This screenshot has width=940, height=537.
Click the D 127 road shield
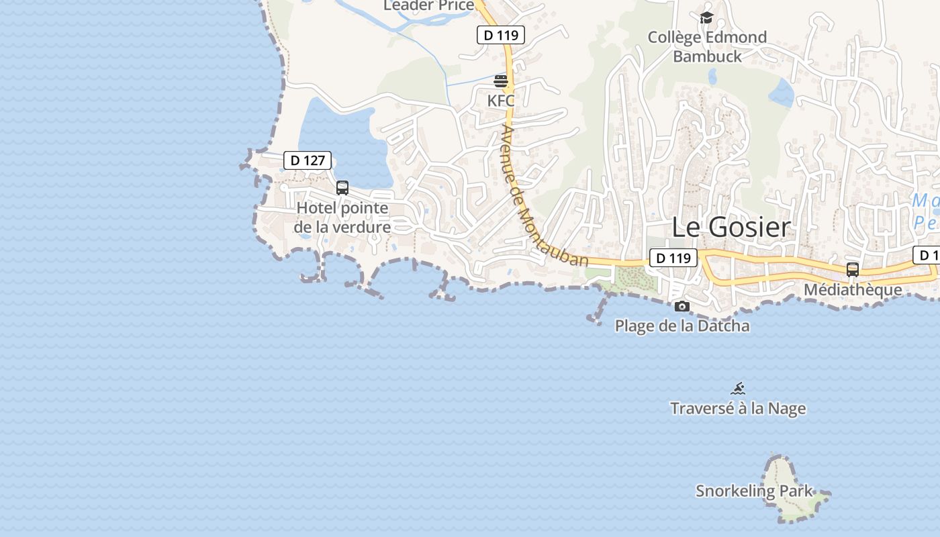pyautogui.click(x=308, y=160)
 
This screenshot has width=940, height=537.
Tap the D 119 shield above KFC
pyautogui.click(x=500, y=35)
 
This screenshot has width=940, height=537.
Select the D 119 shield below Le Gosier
pyautogui.click(x=673, y=258)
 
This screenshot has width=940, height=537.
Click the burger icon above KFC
pyautogui.click(x=501, y=82)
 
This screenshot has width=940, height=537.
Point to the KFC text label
pyautogui.click(x=501, y=101)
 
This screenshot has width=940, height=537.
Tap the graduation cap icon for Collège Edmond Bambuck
pyautogui.click(x=706, y=17)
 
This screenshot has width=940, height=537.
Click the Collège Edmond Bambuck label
pyautogui.click(x=707, y=46)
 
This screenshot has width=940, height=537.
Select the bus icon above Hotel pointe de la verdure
pyautogui.click(x=342, y=188)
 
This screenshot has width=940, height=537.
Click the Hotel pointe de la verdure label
pyautogui.click(x=342, y=217)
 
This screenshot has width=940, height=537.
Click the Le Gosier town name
pyautogui.click(x=731, y=227)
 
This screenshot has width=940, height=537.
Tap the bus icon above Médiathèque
pyautogui.click(x=853, y=270)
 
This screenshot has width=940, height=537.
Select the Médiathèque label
pyautogui.click(x=853, y=290)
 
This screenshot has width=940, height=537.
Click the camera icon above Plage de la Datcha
pyautogui.click(x=682, y=307)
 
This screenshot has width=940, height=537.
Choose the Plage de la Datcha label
pyautogui.click(x=682, y=326)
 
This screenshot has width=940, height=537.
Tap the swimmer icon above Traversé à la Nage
pyautogui.click(x=739, y=389)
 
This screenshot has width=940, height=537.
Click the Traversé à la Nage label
pyautogui.click(x=738, y=408)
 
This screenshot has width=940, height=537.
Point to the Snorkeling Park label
pyautogui.click(x=754, y=491)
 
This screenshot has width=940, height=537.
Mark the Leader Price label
pyautogui.click(x=428, y=5)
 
